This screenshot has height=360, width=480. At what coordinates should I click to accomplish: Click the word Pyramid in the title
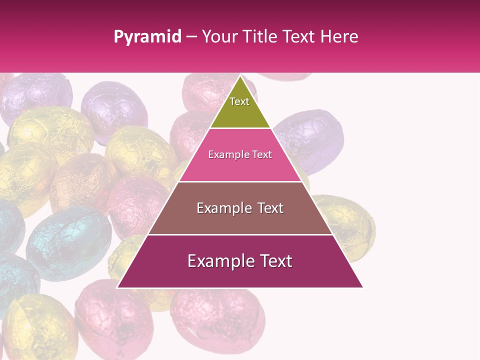point(147,37)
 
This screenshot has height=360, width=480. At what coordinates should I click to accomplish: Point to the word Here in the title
point(339,37)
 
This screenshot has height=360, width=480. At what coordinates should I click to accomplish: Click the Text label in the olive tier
point(239,101)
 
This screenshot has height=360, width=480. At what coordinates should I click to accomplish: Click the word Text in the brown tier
point(271,208)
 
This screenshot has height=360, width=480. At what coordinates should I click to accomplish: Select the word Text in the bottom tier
point(276,261)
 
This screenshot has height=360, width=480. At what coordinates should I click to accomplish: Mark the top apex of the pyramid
point(240,76)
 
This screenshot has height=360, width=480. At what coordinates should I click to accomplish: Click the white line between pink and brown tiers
point(240,181)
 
